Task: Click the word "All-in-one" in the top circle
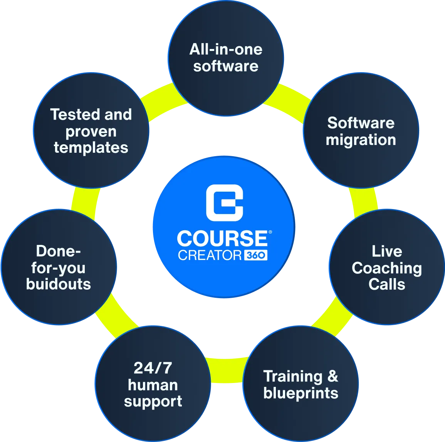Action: point(226,49)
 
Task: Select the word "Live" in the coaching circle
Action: point(387,251)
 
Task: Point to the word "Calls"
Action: point(387,284)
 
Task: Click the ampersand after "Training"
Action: point(332,376)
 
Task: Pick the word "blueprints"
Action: point(301,393)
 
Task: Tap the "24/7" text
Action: point(153,368)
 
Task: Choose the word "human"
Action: point(153,385)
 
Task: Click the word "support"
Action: point(153,402)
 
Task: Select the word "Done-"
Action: point(59,251)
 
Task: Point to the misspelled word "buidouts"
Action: point(59,284)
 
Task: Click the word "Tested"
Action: point(75,115)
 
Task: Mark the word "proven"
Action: point(91,132)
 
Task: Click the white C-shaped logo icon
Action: point(225,202)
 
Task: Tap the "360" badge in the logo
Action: point(256,255)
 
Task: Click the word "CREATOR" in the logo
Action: point(210,255)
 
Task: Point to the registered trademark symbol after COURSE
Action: point(270,232)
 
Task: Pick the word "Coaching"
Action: point(387,268)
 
